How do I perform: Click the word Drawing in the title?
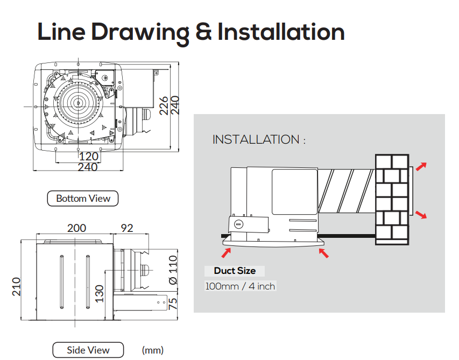coord(140,33)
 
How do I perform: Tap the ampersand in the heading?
coord(203,32)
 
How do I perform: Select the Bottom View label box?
coord(83,199)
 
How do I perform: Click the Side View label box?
coord(88,350)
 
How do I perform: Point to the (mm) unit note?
coord(152,350)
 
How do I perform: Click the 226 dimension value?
coord(164,105)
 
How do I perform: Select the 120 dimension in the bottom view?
coord(88,156)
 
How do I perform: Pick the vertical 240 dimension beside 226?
coord(175,105)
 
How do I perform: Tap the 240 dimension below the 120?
coord(88,167)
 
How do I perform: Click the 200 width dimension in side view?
coord(77,228)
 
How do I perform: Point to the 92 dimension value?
coord(127,228)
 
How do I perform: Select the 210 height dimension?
coord(16,286)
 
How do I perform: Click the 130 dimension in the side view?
coord(100,294)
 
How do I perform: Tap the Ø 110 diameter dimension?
coord(173,270)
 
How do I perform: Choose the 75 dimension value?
coord(173,304)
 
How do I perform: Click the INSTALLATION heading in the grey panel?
coord(259,139)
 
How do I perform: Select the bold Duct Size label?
coord(235,271)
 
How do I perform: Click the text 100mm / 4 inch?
coord(240,286)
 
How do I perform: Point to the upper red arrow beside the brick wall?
coord(421,166)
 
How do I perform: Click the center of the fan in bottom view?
coord(78,103)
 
